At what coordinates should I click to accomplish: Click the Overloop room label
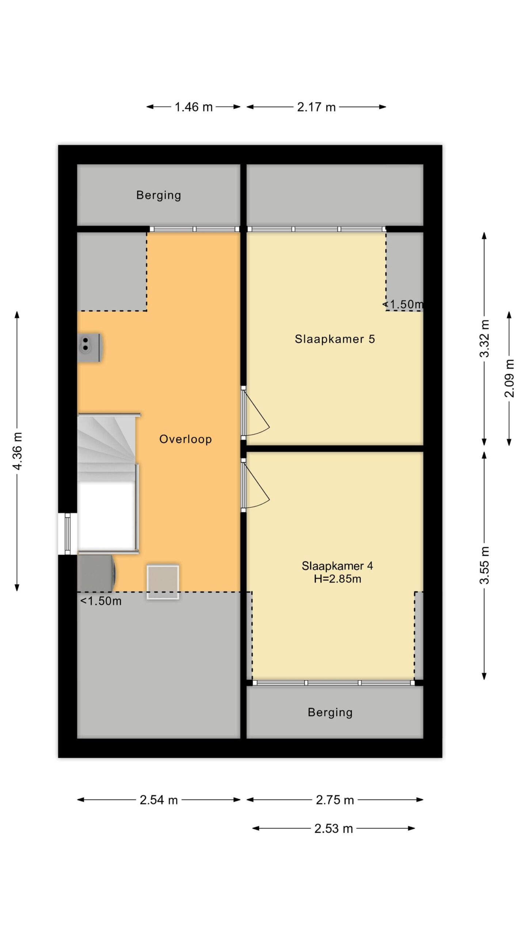coord(185,439)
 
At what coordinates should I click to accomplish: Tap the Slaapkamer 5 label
coord(335,339)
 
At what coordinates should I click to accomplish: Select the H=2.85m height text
coord(337,579)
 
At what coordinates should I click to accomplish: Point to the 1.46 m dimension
coord(193,107)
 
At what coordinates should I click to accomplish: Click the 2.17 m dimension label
coord(316,107)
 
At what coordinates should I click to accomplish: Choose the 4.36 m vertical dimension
coord(17,451)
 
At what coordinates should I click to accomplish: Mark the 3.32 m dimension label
coord(484,339)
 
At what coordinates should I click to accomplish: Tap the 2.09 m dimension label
coord(509,378)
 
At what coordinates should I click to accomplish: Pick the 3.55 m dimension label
coord(484,565)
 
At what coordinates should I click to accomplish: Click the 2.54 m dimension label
coord(159,800)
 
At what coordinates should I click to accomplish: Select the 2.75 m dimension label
coord(335,800)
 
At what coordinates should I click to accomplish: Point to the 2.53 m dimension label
coord(333,829)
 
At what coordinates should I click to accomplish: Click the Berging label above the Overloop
coord(159,195)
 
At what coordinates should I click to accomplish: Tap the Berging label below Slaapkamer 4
coord(330,712)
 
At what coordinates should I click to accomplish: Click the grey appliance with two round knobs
coord(90,347)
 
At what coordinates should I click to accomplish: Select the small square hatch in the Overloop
coord(163,582)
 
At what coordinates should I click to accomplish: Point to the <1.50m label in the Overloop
coord(101,601)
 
